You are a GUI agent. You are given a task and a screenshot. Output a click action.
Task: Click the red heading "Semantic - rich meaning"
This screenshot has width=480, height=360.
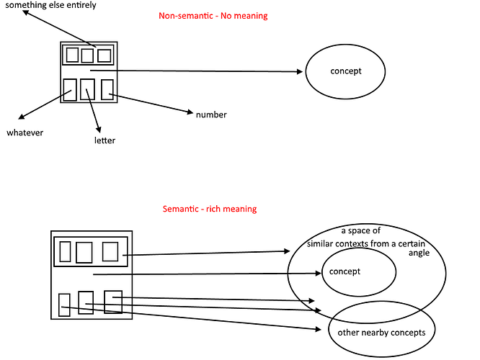pyautogui.click(x=210, y=209)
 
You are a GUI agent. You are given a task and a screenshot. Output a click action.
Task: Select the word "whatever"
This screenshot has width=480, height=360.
pyautogui.click(x=25, y=132)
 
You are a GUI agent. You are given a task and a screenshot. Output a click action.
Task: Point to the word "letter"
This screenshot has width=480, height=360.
pyautogui.click(x=105, y=140)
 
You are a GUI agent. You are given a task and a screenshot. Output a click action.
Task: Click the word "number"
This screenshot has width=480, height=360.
pyautogui.click(x=211, y=114)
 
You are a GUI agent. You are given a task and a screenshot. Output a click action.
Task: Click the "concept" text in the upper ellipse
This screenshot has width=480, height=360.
pyautogui.click(x=345, y=71)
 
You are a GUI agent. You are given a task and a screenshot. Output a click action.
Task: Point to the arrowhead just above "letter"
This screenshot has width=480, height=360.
pyautogui.click(x=97, y=126)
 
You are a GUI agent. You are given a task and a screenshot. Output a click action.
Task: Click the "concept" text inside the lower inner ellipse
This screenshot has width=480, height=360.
pyautogui.click(x=345, y=271)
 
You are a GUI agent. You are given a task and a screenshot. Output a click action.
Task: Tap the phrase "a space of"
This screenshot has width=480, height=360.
pyautogui.click(x=360, y=231)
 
